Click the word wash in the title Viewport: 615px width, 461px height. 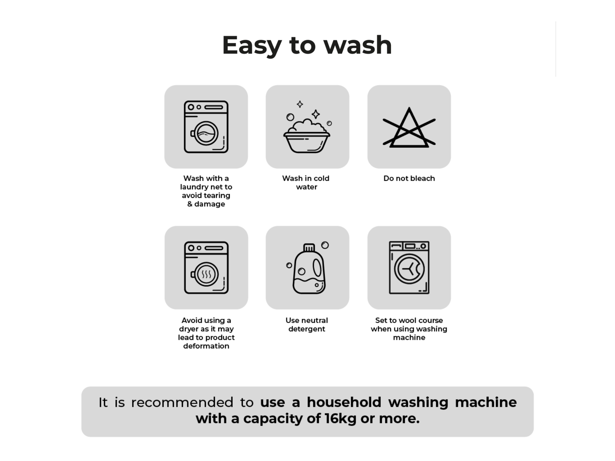(x=358, y=45)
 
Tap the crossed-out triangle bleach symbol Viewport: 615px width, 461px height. (x=409, y=127)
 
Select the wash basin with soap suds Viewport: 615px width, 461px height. (x=307, y=136)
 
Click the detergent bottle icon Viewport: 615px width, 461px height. (x=309, y=269)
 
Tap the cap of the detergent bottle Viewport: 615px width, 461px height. (x=309, y=247)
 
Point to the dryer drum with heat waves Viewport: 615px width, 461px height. (x=206, y=274)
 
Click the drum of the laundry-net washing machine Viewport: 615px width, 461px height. (x=206, y=133)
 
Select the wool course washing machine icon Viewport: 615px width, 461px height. (x=409, y=268)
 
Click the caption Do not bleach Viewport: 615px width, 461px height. (x=409, y=178)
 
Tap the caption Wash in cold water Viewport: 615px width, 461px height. (x=306, y=183)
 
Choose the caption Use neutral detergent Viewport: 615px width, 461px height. (x=307, y=325)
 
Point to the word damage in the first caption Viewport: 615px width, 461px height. (x=210, y=204)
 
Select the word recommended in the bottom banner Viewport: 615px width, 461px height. (x=182, y=402)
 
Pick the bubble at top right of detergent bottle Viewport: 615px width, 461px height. (x=325, y=245)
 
